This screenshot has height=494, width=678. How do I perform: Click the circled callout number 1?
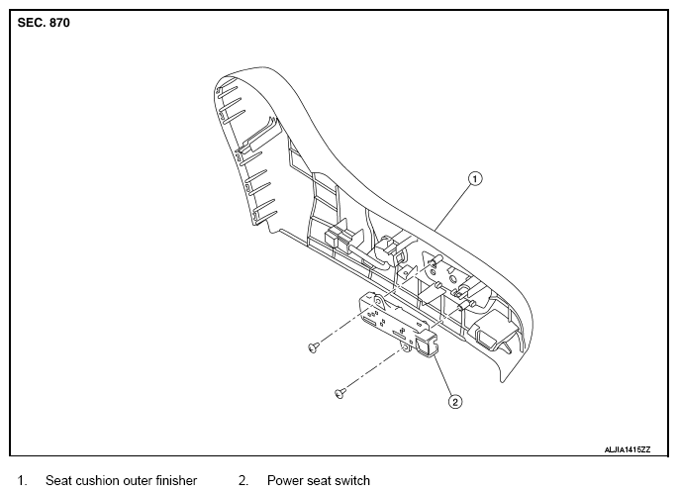[475, 178]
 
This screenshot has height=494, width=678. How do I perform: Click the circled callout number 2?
[455, 402]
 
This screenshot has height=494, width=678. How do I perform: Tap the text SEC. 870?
[44, 23]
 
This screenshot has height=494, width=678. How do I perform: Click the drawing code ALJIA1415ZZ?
[627, 449]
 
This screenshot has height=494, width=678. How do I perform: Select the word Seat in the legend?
[58, 480]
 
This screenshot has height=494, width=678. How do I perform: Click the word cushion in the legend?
[97, 480]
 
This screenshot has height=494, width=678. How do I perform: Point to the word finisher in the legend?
[176, 480]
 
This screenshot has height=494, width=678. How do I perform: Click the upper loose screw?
[314, 346]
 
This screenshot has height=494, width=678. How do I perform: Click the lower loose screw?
[340, 393]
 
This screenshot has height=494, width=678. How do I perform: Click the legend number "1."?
[22, 480]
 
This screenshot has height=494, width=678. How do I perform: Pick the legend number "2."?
[243, 480]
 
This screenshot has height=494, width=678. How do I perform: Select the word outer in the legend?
[138, 480]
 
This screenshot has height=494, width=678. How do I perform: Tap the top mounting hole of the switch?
[378, 300]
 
